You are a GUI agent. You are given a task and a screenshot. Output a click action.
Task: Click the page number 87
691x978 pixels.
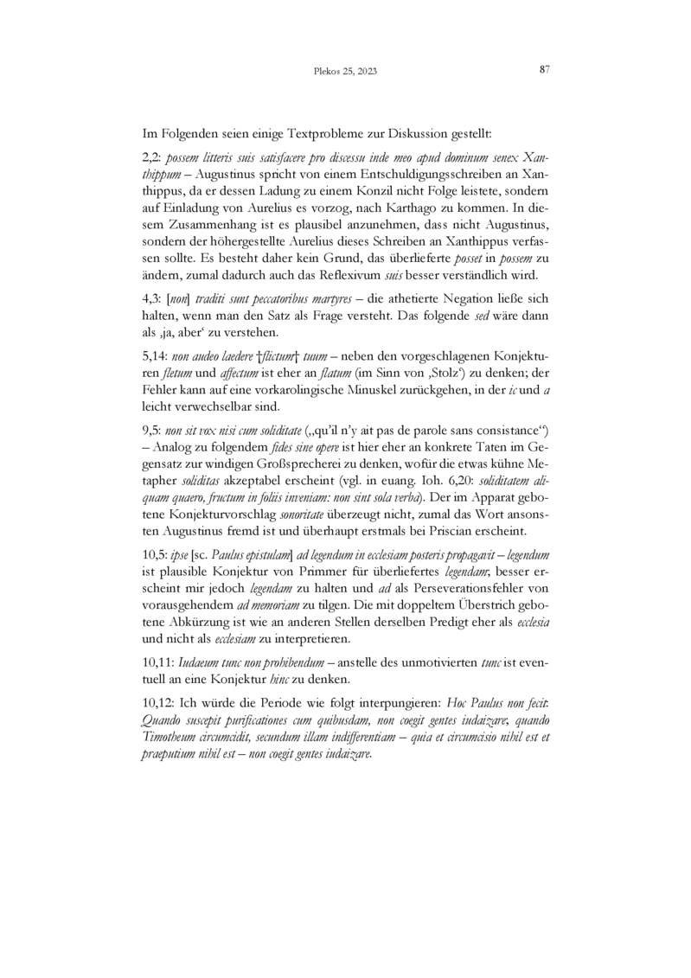click(545, 70)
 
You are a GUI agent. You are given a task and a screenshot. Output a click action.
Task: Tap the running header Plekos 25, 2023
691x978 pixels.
click(345, 72)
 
